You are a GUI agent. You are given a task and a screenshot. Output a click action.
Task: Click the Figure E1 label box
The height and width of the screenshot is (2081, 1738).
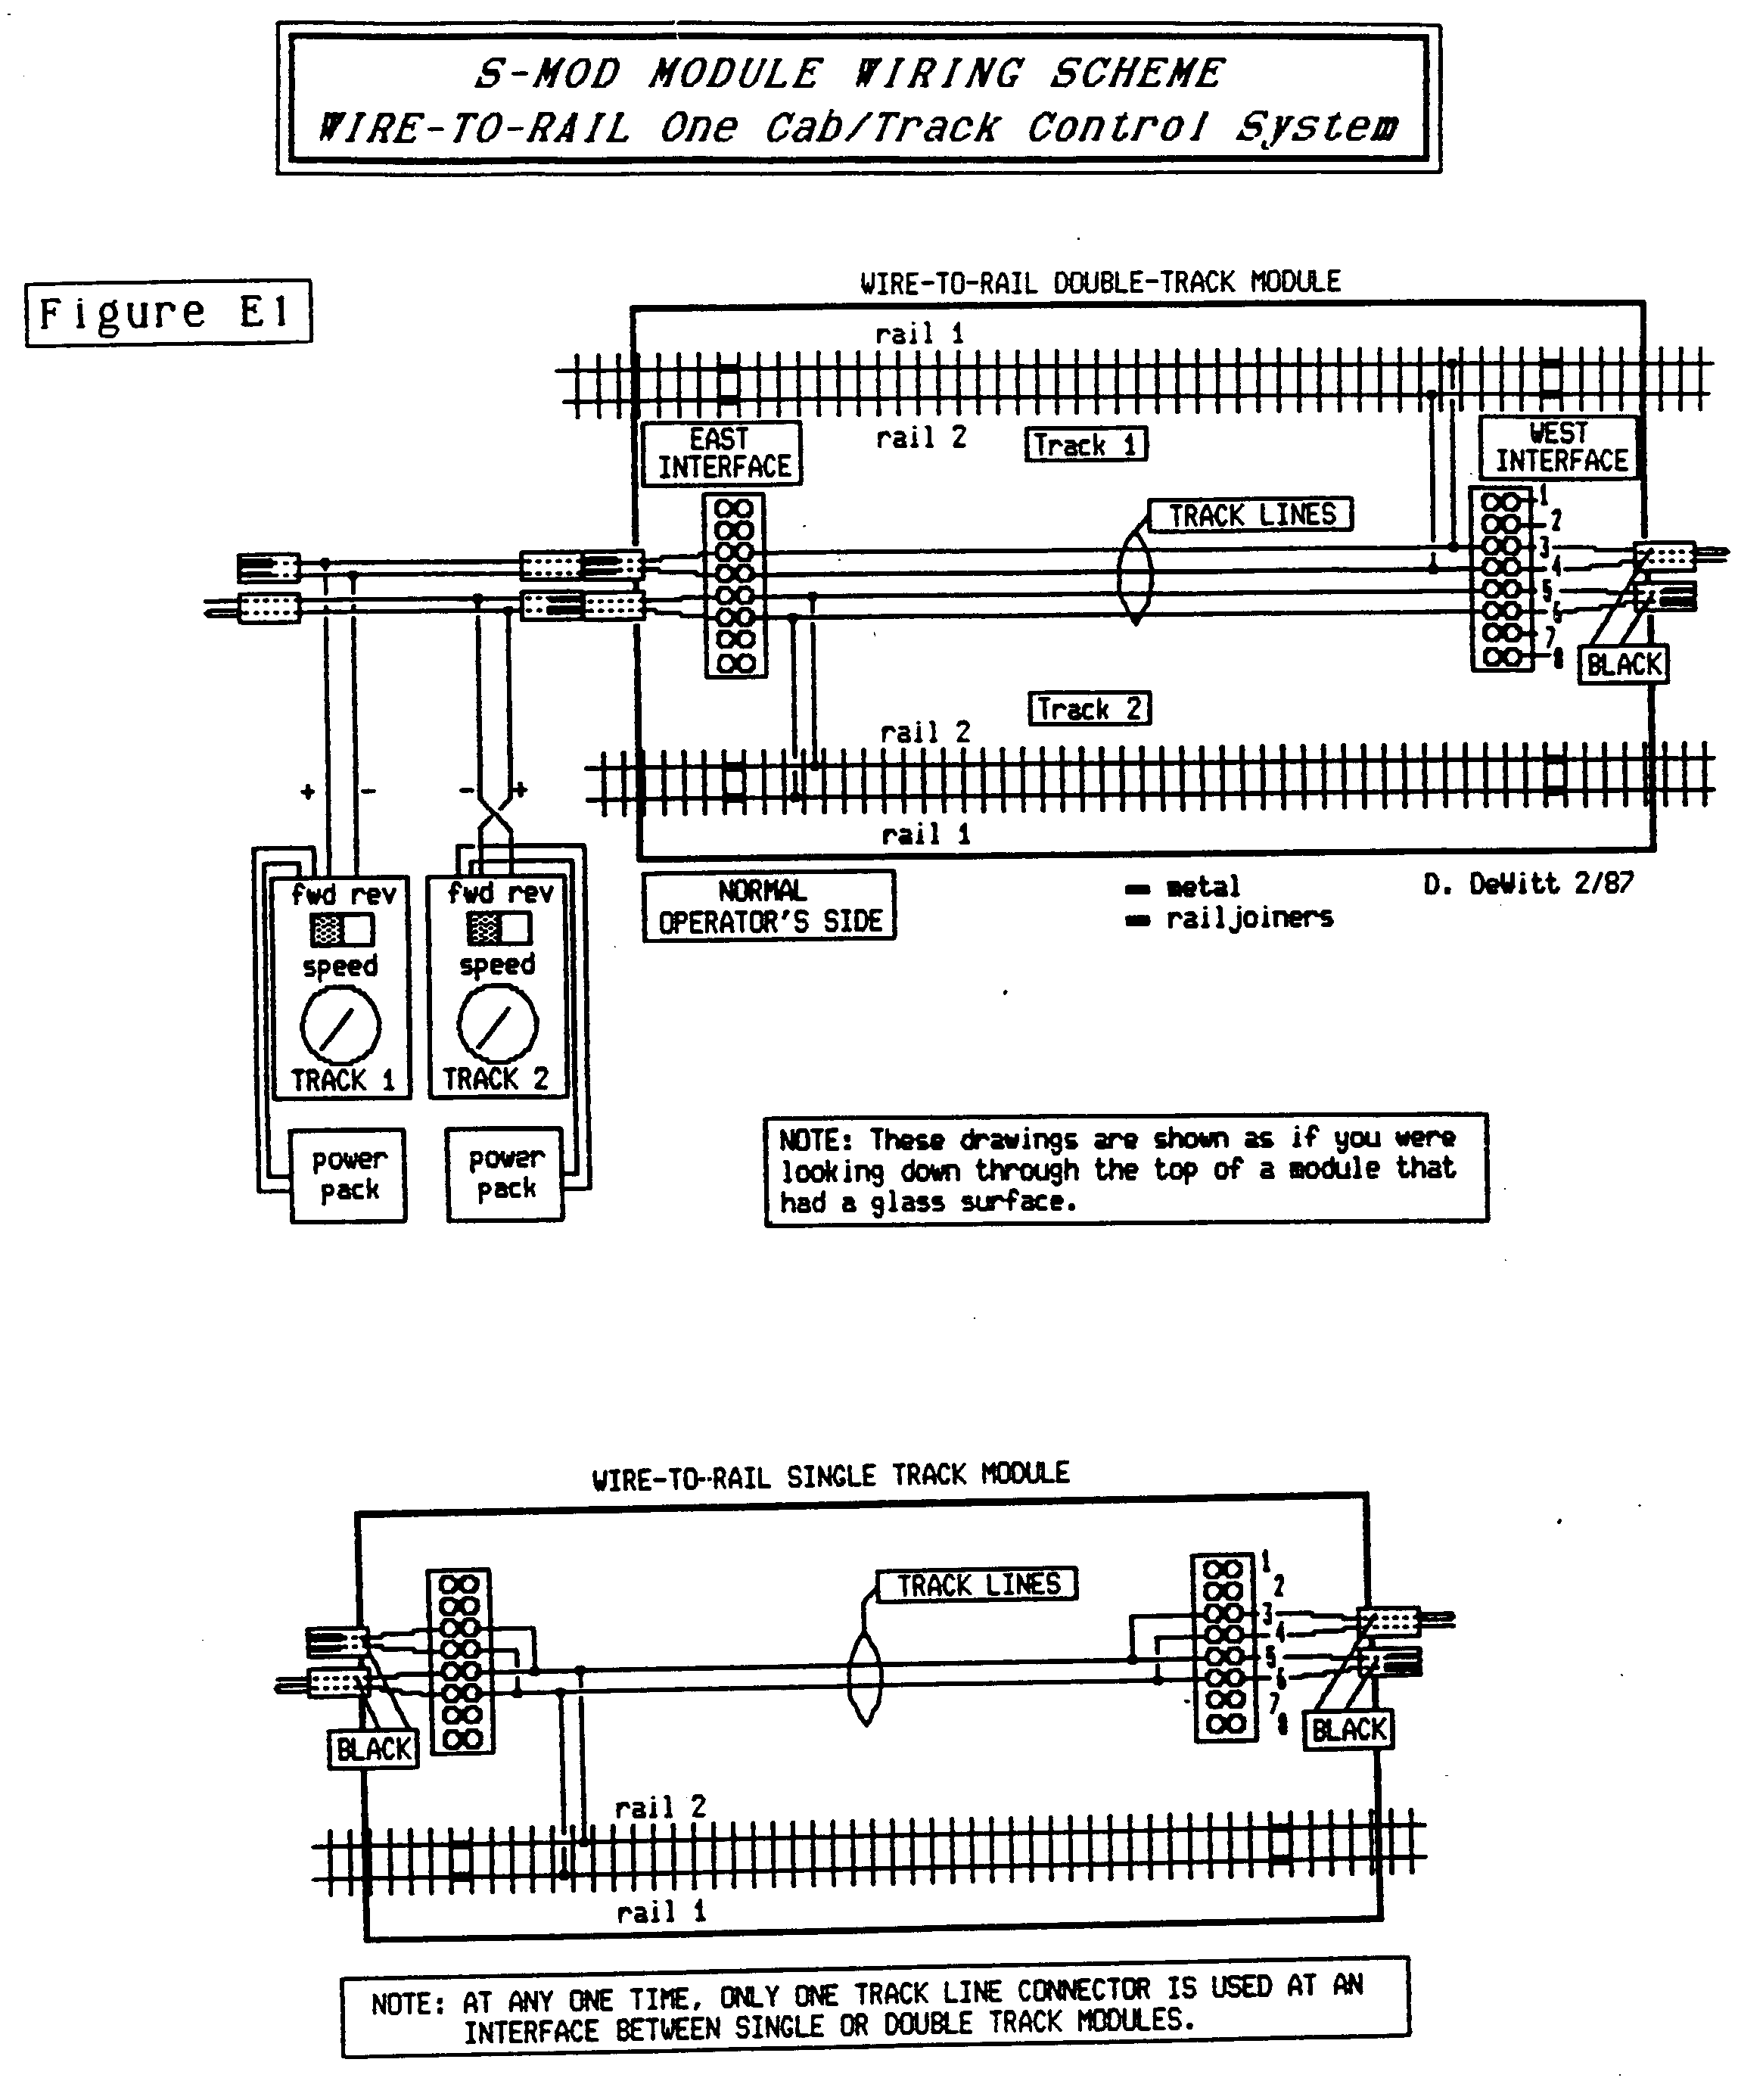[169, 313]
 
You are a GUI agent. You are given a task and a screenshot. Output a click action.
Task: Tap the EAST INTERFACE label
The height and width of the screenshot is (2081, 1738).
[723, 453]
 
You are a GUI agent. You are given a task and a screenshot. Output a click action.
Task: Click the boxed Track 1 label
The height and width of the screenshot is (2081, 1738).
[1086, 445]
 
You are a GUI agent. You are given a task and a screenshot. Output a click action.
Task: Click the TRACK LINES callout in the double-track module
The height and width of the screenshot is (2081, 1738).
[1251, 515]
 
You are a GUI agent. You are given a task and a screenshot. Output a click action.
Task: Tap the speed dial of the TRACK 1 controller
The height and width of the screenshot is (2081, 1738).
[340, 1025]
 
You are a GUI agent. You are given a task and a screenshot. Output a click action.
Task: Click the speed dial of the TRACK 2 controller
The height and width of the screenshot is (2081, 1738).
[497, 1024]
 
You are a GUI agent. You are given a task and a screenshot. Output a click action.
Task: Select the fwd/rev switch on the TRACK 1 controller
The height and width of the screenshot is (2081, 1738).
[342, 929]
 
